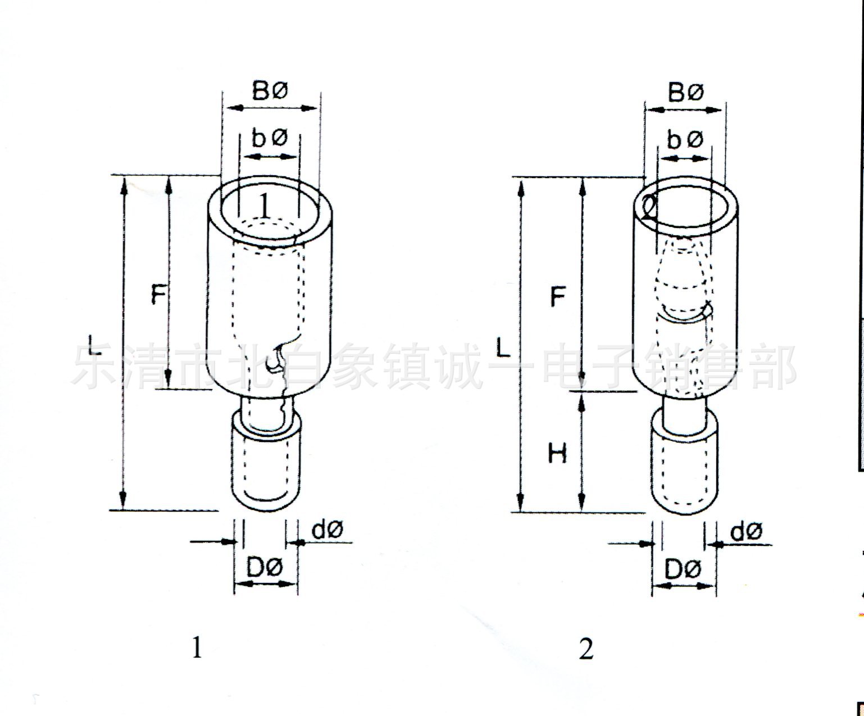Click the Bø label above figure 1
(270, 92)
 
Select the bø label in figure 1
(270, 138)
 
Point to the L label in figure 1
(95, 345)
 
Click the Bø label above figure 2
(686, 93)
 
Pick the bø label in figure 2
(685, 140)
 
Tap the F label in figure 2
(558, 296)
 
